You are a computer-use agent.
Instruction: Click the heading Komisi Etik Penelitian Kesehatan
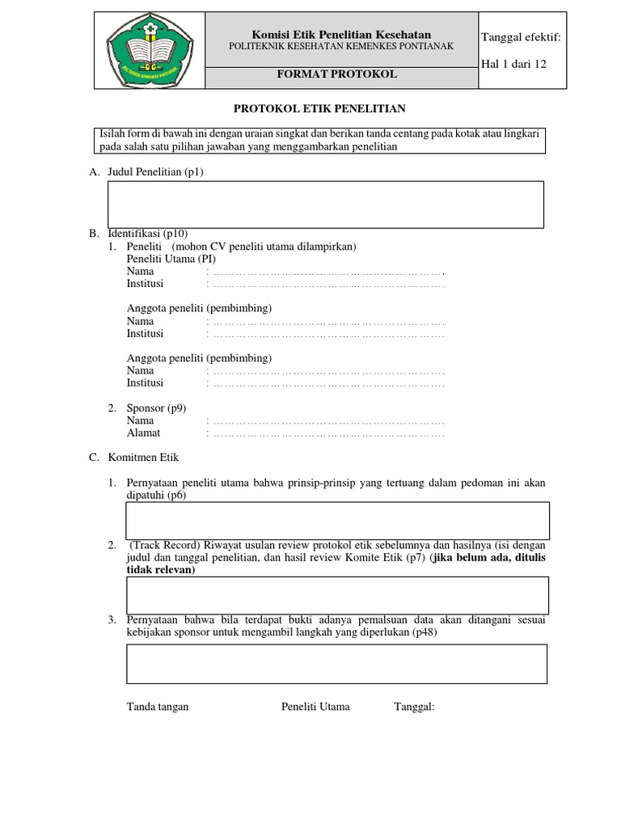pyautogui.click(x=341, y=34)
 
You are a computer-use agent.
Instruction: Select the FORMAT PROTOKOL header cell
pyautogui.click(x=341, y=74)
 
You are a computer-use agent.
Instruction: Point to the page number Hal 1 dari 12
pyautogui.click(x=513, y=64)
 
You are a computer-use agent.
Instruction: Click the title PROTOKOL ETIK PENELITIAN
pyautogui.click(x=319, y=108)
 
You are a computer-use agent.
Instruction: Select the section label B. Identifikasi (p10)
pyautogui.click(x=138, y=234)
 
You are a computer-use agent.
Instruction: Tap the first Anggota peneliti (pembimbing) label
pyautogui.click(x=199, y=309)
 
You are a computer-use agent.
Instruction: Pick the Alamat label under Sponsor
pyautogui.click(x=144, y=433)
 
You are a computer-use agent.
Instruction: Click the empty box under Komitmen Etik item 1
pyautogui.click(x=337, y=520)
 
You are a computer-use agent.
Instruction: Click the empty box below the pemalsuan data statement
pyautogui.click(x=337, y=663)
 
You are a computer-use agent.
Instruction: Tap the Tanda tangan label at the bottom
pyautogui.click(x=158, y=707)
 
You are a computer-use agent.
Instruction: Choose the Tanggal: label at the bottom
pyautogui.click(x=414, y=707)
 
